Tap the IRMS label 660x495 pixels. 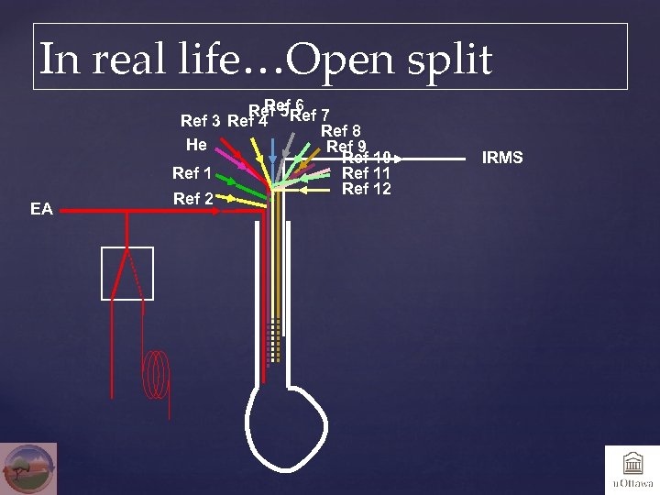pos(503,158)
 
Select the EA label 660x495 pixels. pos(41,210)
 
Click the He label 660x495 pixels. pos(196,145)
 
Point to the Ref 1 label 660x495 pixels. pos(192,173)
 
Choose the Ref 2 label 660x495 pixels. pos(192,199)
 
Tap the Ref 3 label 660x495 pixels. pos(200,121)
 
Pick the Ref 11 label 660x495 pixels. pos(366,173)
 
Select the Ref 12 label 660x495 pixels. pos(366,189)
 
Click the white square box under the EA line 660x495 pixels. pos(126,273)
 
